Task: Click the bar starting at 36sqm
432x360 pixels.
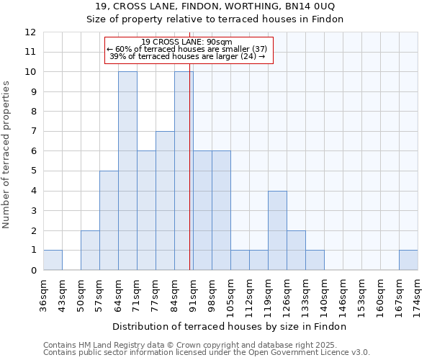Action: [53, 260]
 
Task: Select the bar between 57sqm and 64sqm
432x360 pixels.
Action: [109, 220]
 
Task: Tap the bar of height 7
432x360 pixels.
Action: [165, 201]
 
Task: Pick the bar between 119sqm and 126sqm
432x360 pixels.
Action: [277, 230]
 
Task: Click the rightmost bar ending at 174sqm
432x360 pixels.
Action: [408, 260]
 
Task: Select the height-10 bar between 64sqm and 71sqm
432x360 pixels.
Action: [127, 171]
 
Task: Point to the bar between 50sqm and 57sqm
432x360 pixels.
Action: [90, 251]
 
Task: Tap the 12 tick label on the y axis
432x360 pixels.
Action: [30, 32]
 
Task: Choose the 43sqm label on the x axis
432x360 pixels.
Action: [63, 292]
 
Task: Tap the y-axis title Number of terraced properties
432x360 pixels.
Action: [6, 154]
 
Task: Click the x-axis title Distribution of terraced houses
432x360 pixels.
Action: [230, 326]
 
